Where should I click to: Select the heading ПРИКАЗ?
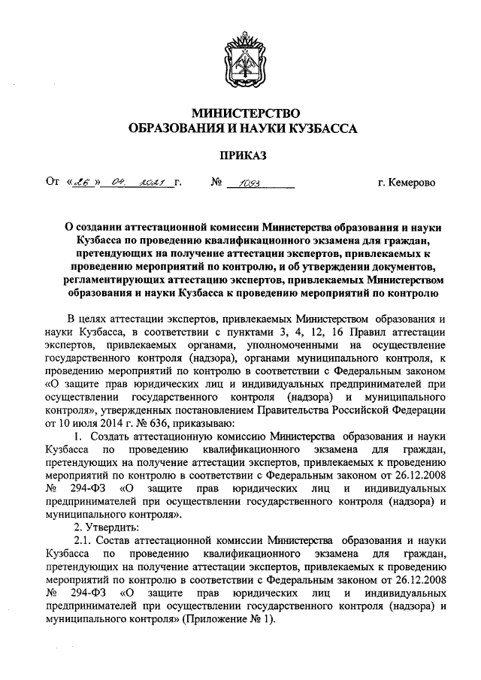pos(240,156)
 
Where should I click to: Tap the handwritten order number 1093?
pos(249,183)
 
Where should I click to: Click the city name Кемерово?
pos(411,183)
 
